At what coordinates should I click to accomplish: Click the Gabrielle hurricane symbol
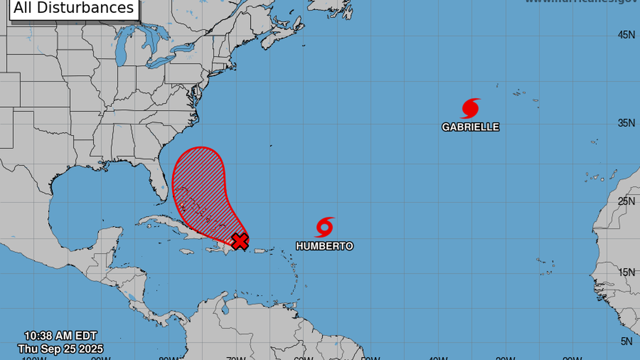pyautogui.click(x=470, y=108)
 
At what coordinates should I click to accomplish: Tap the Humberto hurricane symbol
pyautogui.click(x=324, y=227)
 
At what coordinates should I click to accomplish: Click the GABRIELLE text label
pyautogui.click(x=470, y=127)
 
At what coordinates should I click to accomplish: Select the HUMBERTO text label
pyautogui.click(x=324, y=246)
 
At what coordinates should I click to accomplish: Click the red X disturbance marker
pyautogui.click(x=240, y=241)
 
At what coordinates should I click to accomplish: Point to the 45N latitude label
pyautogui.click(x=626, y=35)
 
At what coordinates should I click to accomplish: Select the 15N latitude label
pyautogui.click(x=626, y=272)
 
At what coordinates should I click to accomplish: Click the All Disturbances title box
pyautogui.click(x=74, y=8)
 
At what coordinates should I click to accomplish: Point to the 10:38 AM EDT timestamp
pyautogui.click(x=60, y=337)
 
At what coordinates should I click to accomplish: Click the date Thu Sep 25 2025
pyautogui.click(x=60, y=349)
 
